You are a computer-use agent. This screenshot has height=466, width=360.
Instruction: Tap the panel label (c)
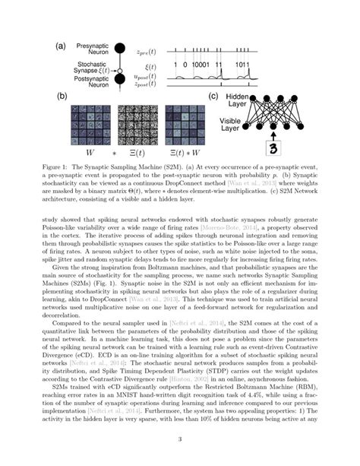(x=216, y=98)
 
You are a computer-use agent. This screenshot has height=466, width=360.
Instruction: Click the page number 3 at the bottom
(x=179, y=439)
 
